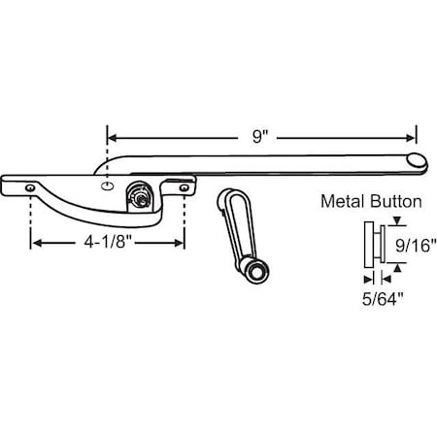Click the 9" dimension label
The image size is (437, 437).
(258, 137)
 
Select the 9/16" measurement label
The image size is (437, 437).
(416, 246)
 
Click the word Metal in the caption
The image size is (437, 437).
(345, 203)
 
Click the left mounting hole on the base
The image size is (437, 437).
(31, 186)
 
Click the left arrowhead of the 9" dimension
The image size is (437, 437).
(111, 137)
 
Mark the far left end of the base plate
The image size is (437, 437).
(5, 182)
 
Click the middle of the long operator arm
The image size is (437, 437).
(262, 161)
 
